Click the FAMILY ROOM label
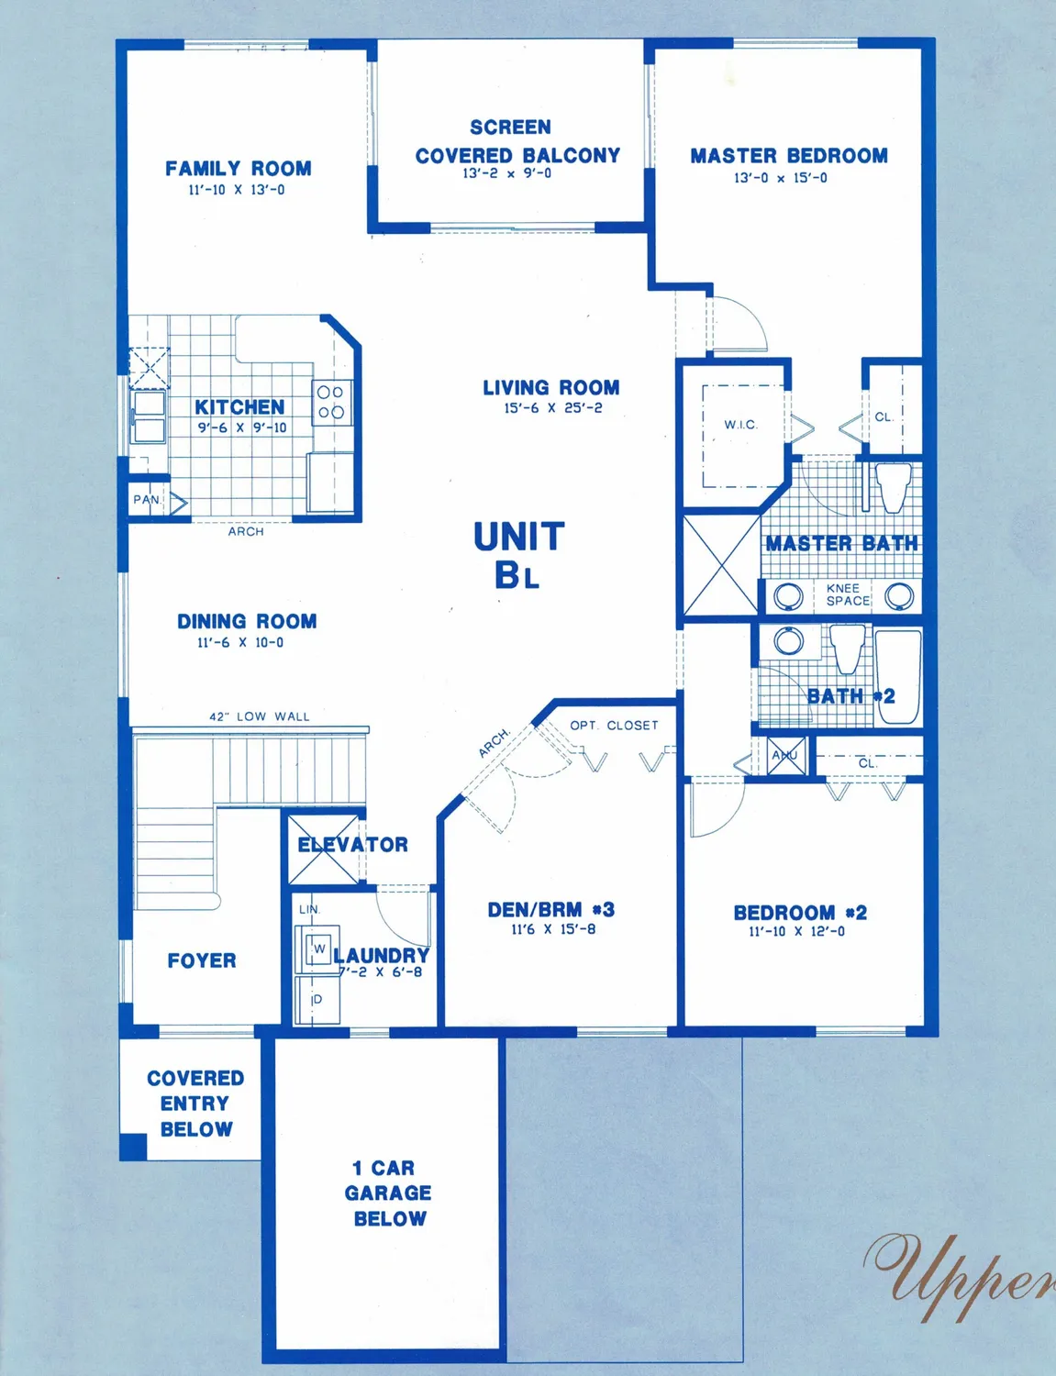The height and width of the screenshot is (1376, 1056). pyautogui.click(x=239, y=169)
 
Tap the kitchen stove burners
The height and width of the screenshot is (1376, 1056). pyautogui.click(x=330, y=402)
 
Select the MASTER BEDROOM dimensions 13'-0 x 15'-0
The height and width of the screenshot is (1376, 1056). pyautogui.click(x=780, y=178)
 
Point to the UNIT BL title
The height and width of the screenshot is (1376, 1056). pyautogui.click(x=518, y=555)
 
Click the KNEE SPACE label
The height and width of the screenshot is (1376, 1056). pyautogui.click(x=847, y=594)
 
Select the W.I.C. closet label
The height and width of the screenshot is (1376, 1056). pyautogui.click(x=740, y=425)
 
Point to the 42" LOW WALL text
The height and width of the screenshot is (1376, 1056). pyautogui.click(x=260, y=716)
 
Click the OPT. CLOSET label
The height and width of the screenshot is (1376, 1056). pyautogui.click(x=614, y=726)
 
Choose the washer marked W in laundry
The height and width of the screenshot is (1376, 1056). pyautogui.click(x=318, y=949)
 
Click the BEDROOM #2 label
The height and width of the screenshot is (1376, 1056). pyautogui.click(x=800, y=913)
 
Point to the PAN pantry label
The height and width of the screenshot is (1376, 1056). pyautogui.click(x=146, y=500)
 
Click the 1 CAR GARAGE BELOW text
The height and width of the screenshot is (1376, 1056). pyautogui.click(x=389, y=1193)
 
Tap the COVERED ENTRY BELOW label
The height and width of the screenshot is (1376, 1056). pyautogui.click(x=195, y=1104)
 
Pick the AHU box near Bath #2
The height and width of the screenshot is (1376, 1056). pyautogui.click(x=785, y=756)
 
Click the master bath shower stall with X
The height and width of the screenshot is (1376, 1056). pyautogui.click(x=721, y=565)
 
